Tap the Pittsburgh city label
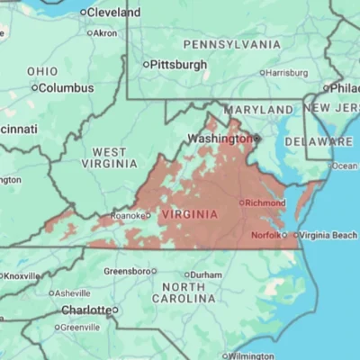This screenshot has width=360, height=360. click(x=179, y=65)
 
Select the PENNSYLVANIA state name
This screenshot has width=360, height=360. click(x=231, y=44)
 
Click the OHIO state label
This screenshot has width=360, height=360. click(x=42, y=71)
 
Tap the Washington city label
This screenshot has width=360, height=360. click(x=217, y=139)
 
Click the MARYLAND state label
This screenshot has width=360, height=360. click(x=258, y=110)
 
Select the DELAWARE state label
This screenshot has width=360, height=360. click(x=319, y=142)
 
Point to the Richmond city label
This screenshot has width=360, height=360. click(x=265, y=203)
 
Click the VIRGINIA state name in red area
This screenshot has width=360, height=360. click(x=188, y=214)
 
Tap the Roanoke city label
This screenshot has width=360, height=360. click(x=127, y=216)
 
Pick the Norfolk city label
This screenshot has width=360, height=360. click(x=265, y=235)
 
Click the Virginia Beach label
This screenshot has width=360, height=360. click(x=328, y=235)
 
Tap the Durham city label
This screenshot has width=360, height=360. click(x=205, y=274)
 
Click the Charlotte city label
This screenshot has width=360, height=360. click(x=85, y=310)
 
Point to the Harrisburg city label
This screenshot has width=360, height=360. click(x=288, y=73)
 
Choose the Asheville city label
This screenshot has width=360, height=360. click(x=72, y=293)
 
